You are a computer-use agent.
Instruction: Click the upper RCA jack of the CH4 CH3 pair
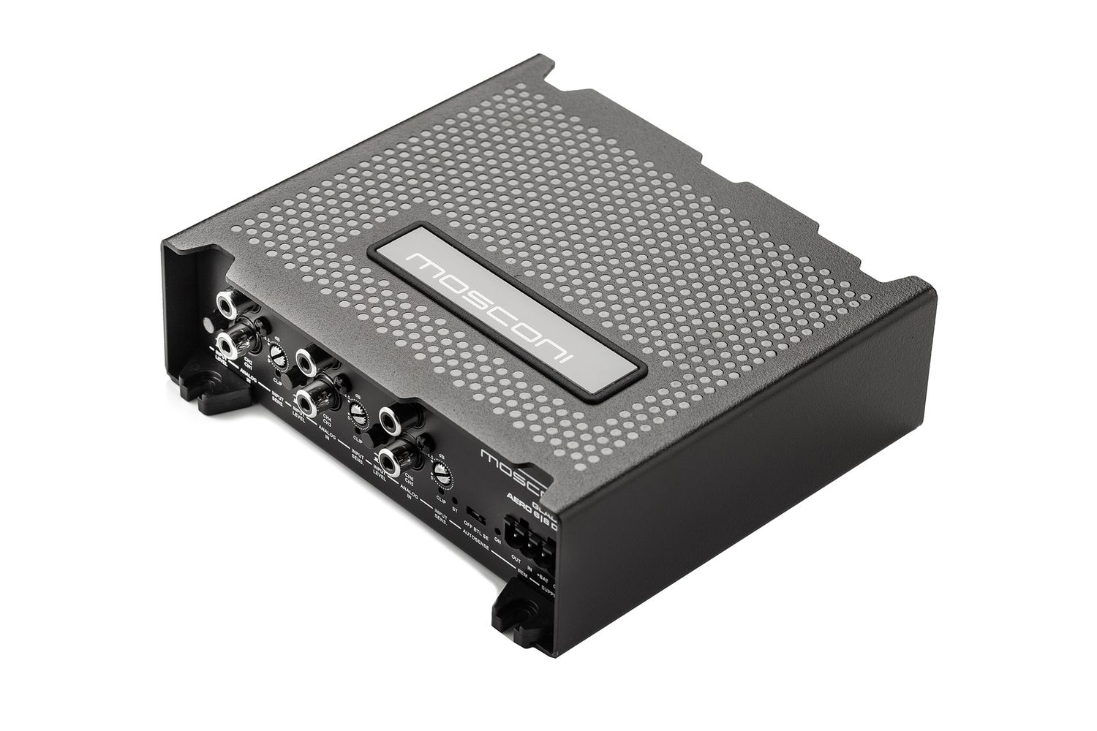pyautogui.click(x=306, y=360)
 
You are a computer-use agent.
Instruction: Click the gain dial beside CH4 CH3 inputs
pyautogui.click(x=358, y=413)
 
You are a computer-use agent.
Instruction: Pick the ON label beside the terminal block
pyautogui.click(x=497, y=541)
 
